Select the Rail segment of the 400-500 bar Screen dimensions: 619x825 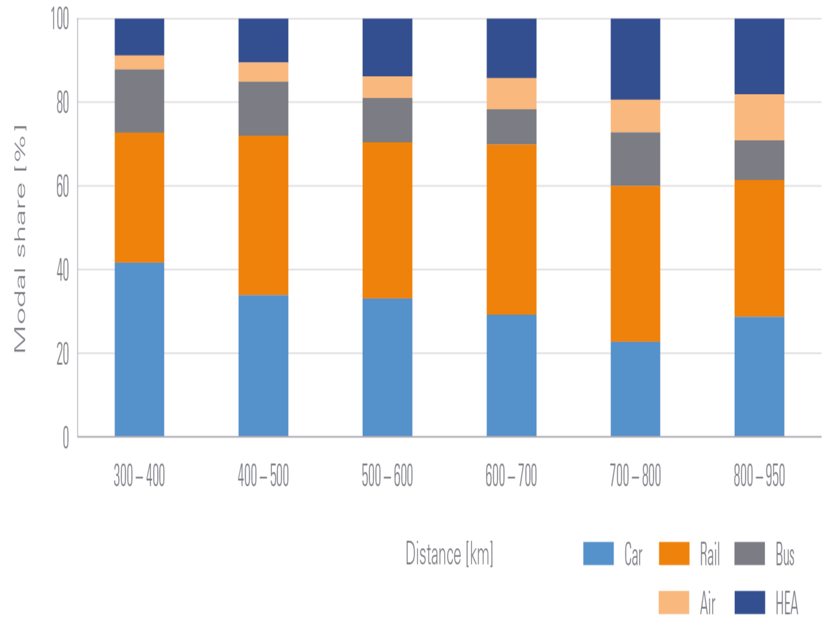point(264,215)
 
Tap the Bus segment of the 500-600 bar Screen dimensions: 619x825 point(387,120)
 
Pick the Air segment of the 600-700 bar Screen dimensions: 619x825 point(511,93)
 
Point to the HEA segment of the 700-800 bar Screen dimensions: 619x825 point(636,59)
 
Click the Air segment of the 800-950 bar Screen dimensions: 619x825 point(759,117)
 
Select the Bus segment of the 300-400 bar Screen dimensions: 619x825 point(139,101)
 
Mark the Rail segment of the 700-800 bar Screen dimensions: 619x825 point(636,264)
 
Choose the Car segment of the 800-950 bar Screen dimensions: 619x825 point(759,377)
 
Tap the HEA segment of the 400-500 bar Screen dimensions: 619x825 point(264,40)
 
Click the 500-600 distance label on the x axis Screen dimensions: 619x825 point(387,476)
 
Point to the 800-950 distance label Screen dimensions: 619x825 point(759,476)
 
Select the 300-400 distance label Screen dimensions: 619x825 point(139,476)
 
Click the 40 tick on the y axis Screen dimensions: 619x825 point(63,270)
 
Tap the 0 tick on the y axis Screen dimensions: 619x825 point(66,438)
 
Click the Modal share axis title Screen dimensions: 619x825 point(21,239)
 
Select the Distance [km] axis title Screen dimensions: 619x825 point(449,554)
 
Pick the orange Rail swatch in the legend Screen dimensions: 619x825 point(674,554)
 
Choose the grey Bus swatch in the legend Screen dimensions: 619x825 point(750,554)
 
